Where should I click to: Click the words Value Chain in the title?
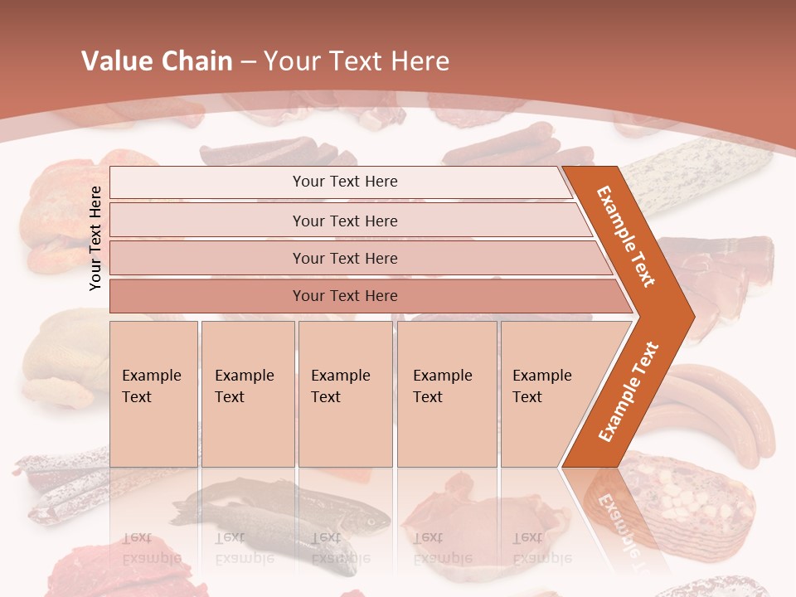point(157,61)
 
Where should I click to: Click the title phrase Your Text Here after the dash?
point(357,61)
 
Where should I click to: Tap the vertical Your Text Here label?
point(95,238)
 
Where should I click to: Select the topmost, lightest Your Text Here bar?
point(344,182)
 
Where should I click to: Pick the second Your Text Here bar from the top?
point(344,221)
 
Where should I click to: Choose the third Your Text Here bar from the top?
point(344,258)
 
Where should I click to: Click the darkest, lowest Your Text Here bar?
point(344,296)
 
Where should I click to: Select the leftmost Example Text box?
point(153,394)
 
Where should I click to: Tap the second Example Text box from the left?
point(247,394)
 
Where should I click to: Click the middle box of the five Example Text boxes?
point(345,394)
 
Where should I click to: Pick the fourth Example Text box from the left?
point(446,394)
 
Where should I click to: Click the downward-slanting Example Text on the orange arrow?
point(626,236)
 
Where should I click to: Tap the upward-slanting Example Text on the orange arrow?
point(629,392)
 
